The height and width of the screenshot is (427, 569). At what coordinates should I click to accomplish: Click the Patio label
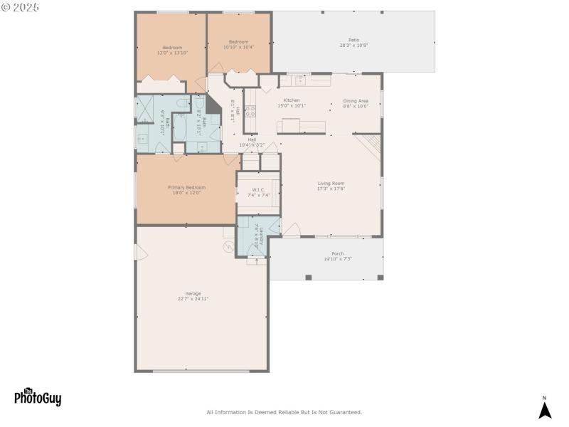click(353, 43)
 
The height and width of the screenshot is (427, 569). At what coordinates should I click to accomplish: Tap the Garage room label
click(193, 296)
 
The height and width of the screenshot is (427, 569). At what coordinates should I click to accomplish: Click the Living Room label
click(331, 186)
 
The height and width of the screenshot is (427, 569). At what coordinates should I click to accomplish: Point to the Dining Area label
click(356, 103)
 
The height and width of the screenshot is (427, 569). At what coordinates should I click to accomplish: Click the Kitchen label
click(292, 103)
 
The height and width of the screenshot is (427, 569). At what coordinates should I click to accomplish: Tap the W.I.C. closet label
click(258, 192)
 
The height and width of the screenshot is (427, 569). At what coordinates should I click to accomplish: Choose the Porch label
click(338, 256)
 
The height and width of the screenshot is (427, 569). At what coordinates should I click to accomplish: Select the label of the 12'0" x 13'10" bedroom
click(170, 50)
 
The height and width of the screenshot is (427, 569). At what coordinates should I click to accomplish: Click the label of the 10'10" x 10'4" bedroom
click(238, 44)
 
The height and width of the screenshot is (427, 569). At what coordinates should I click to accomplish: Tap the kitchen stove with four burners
click(250, 111)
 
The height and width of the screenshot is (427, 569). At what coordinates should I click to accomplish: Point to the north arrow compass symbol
click(545, 408)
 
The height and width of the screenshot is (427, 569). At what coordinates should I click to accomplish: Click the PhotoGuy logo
click(38, 397)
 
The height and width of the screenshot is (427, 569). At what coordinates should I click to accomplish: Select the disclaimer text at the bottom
click(284, 412)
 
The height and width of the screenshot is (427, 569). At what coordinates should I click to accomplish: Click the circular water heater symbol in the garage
click(229, 247)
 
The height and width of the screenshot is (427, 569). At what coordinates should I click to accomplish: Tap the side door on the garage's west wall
click(139, 253)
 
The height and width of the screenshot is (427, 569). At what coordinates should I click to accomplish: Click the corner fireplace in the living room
click(370, 146)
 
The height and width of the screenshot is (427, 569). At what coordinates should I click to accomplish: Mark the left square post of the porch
click(308, 278)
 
